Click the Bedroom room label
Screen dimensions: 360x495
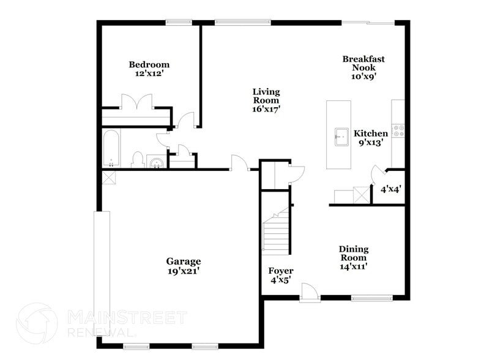149,64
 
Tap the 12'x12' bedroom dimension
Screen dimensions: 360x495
149,73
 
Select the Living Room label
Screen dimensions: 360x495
266,96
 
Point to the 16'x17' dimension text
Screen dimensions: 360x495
266,109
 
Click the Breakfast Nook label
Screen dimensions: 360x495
363,63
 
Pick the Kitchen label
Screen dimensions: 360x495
371,133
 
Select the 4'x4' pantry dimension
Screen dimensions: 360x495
391,189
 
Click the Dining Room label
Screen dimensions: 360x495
354,253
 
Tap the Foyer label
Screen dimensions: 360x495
281,271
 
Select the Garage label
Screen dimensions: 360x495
184,261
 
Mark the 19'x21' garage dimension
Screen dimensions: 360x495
184,271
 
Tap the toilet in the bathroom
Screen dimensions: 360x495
138,159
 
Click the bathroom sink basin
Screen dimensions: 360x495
156,162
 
